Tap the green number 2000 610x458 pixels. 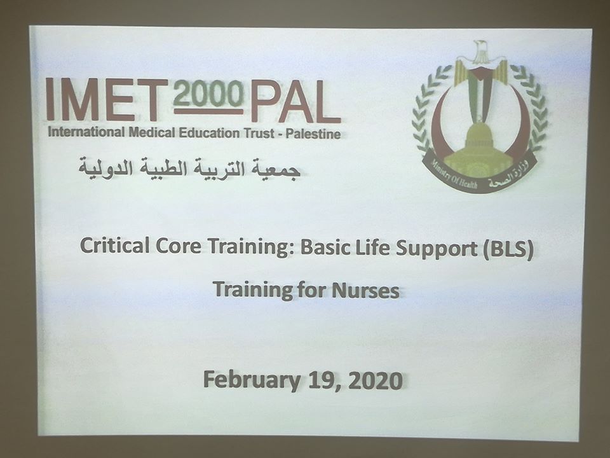pos(209,94)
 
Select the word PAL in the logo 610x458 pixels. pos(295,101)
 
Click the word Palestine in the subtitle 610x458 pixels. pos(313,134)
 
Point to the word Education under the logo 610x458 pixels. pos(209,133)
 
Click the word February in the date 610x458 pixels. pos(252,380)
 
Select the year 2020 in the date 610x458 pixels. pos(376,380)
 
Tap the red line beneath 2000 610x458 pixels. pos(209,111)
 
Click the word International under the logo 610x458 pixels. pos(86,132)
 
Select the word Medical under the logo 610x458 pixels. pos(152,132)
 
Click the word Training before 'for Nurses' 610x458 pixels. pos(249,289)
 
